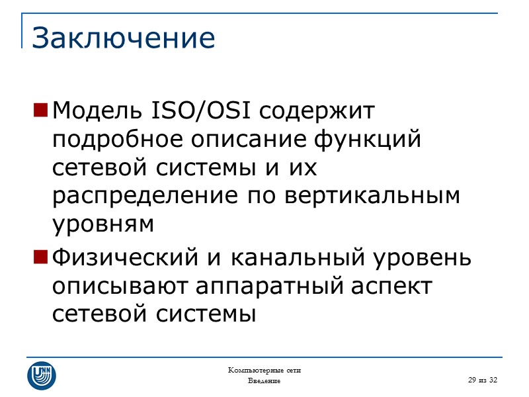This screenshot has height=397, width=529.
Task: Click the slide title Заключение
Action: pos(124,38)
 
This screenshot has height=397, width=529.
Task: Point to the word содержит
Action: pos(317,112)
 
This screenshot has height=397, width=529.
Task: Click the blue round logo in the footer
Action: pos(41,375)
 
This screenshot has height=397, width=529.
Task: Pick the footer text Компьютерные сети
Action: pos(264,370)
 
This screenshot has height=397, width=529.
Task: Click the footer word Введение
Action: pos(264,382)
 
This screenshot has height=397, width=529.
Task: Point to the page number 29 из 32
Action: pos(482,380)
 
